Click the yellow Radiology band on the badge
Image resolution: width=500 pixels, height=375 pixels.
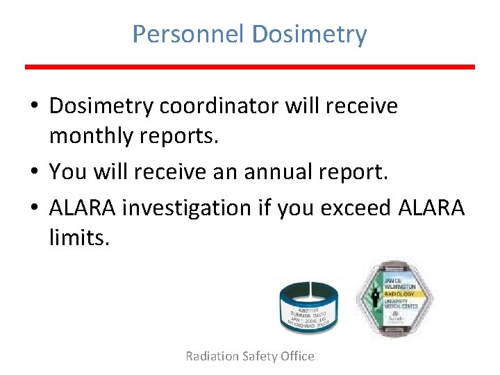401,293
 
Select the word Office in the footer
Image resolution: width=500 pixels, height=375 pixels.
297,356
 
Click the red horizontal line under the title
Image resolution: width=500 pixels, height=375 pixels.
250,67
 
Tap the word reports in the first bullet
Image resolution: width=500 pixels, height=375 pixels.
181,136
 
